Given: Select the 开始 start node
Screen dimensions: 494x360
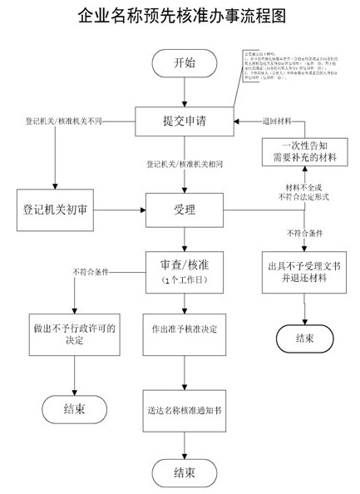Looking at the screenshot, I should [x=184, y=62].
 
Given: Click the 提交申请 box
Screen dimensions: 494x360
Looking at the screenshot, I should [x=184, y=121].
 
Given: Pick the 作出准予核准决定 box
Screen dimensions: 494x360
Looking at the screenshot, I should [x=185, y=329].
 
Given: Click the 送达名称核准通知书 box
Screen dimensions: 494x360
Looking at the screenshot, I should [x=185, y=408].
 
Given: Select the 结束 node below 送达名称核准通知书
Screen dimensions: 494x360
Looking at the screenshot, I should [x=185, y=472].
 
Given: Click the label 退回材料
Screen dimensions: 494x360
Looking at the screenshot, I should [x=278, y=121].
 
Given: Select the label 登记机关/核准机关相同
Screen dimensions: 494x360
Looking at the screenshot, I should [x=184, y=165].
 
